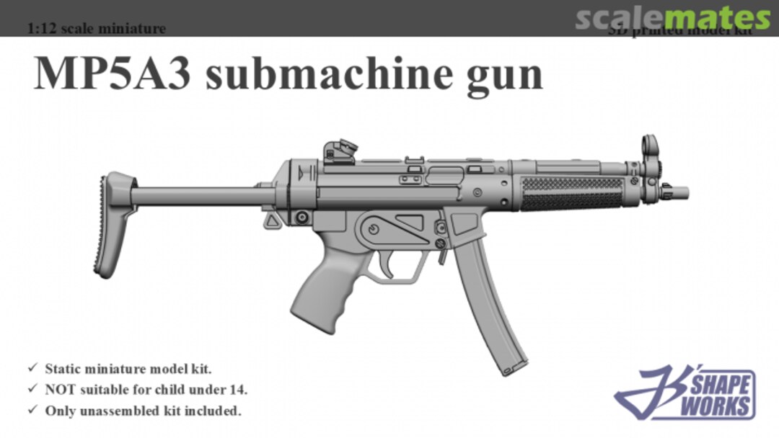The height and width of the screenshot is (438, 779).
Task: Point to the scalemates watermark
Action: pyautogui.click(x=672, y=18)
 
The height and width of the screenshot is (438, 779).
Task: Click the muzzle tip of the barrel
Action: pyautogui.click(x=682, y=192)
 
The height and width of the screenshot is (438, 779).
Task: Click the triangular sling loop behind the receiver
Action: pyautogui.click(x=272, y=220)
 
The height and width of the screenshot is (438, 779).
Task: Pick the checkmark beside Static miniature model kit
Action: pyautogui.click(x=32, y=368)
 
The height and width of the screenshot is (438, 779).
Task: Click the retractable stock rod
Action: pyautogui.click(x=195, y=196)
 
